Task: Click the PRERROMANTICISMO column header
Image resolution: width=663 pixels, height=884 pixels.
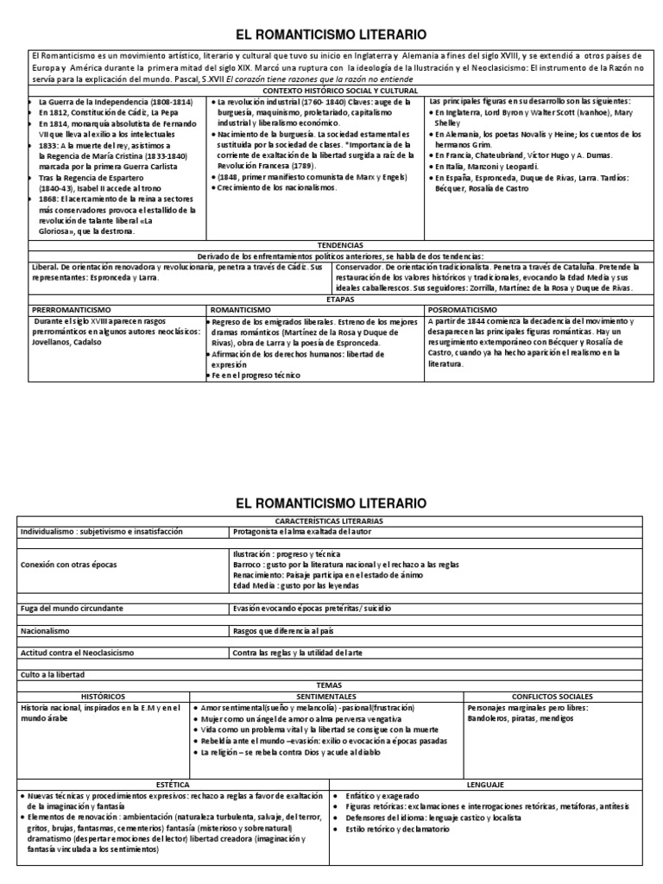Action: (x=73, y=309)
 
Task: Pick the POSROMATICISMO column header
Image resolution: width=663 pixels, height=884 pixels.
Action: (x=463, y=309)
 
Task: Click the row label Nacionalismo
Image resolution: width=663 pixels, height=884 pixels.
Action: (x=51, y=631)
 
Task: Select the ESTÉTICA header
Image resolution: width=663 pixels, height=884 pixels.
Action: (x=173, y=785)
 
